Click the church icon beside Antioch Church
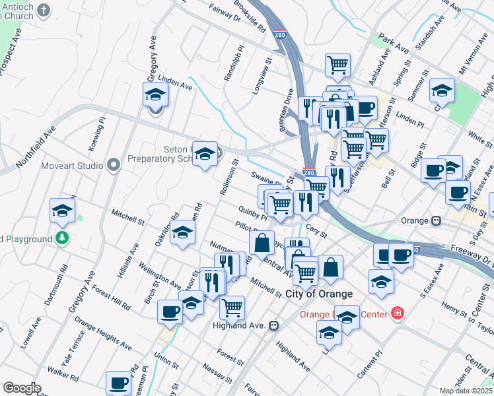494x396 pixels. click(x=44, y=9)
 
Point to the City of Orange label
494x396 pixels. click(x=320, y=293)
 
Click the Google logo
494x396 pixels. click(x=22, y=388)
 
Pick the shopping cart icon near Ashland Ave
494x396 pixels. click(x=337, y=65)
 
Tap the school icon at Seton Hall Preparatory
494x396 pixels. click(x=205, y=153)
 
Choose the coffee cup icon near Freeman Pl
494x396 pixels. click(x=119, y=382)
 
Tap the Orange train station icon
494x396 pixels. click(x=436, y=220)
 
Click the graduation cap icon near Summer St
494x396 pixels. click(x=441, y=89)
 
